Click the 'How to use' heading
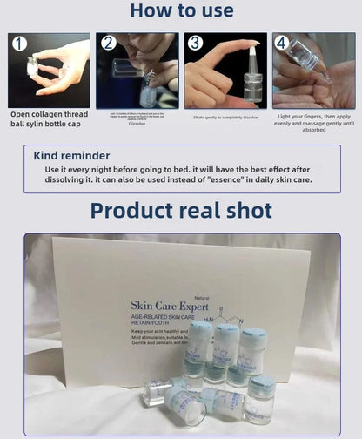(x=181, y=11)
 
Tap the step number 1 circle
(x=19, y=44)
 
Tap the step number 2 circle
(x=109, y=43)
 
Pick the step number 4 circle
(x=281, y=43)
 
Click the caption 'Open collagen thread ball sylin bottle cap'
(x=49, y=118)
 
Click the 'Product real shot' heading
(x=181, y=211)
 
